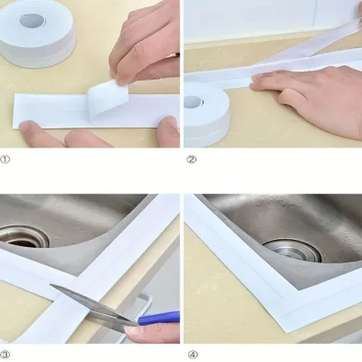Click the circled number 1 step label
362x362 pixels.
click(5, 159)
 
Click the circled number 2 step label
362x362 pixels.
click(191, 159)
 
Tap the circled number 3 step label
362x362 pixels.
click(5, 354)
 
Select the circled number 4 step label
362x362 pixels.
click(193, 354)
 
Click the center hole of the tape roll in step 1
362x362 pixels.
click(33, 21)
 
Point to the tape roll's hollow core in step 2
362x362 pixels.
click(193, 101)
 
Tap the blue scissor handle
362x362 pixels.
click(158, 318)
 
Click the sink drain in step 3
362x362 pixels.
click(23, 238)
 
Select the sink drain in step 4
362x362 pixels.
click(292, 250)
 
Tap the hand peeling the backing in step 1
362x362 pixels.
click(145, 43)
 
